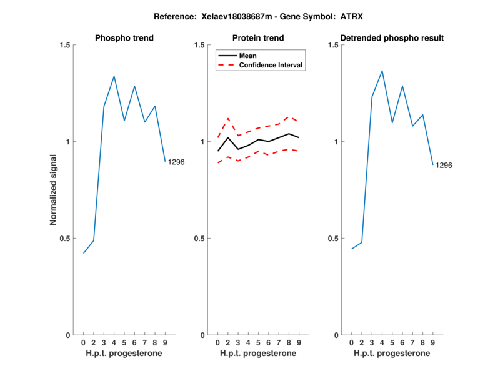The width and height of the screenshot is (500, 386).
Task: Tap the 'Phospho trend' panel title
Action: click(124, 38)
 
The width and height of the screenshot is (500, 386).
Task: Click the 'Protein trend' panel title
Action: click(258, 38)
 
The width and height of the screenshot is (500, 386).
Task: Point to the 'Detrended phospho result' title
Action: click(392, 38)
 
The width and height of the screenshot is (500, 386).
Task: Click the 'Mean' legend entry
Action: click(248, 56)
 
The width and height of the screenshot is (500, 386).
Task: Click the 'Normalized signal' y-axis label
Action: click(54, 190)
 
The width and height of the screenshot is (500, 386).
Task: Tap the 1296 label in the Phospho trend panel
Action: click(176, 162)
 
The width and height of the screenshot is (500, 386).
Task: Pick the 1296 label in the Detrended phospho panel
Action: click(444, 166)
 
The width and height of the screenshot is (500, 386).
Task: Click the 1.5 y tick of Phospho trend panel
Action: click(63, 45)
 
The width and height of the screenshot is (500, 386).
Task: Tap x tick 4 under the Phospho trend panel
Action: click(114, 343)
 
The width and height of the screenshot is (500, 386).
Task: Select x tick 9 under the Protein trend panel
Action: click(299, 343)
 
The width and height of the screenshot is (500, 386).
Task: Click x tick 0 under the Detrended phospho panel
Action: click(351, 343)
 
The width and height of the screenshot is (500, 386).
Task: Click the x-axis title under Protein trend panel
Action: click(258, 354)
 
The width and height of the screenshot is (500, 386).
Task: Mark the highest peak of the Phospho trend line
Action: click(114, 76)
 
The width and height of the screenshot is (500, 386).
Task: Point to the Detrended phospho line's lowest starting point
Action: click(352, 249)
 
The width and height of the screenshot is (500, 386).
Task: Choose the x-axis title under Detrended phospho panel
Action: click(392, 354)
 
